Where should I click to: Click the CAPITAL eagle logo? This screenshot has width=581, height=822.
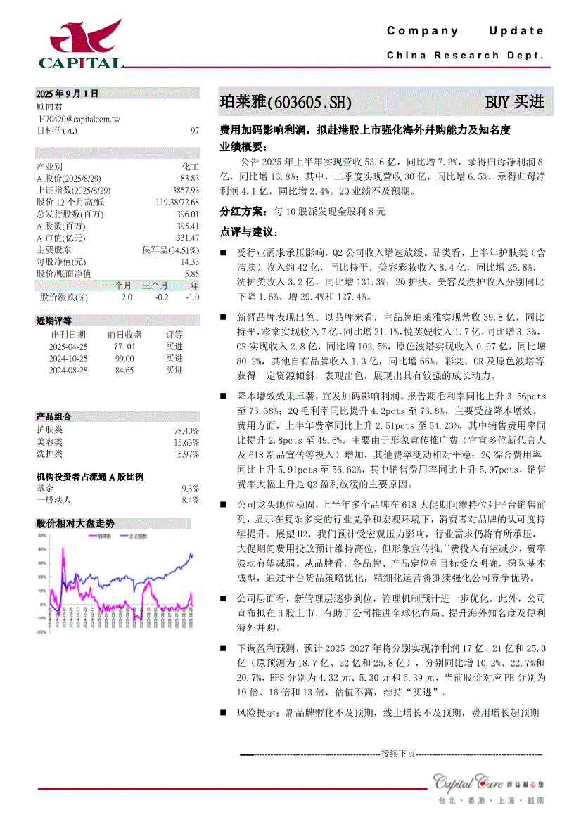pos(80,44)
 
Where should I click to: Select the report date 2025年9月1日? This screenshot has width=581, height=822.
pos(68,93)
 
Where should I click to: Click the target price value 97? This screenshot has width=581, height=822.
pos(195,131)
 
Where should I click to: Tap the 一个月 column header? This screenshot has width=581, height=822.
pos(118,285)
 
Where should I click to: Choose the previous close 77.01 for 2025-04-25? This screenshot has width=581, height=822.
pos(124,347)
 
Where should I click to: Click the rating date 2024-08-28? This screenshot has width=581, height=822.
pos(68,370)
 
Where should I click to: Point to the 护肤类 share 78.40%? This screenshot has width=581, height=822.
pos(186,430)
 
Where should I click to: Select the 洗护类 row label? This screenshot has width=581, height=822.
pos(49,454)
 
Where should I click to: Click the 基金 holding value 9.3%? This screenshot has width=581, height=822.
pos(190,488)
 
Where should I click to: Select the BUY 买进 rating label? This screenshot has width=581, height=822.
pos(514,102)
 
